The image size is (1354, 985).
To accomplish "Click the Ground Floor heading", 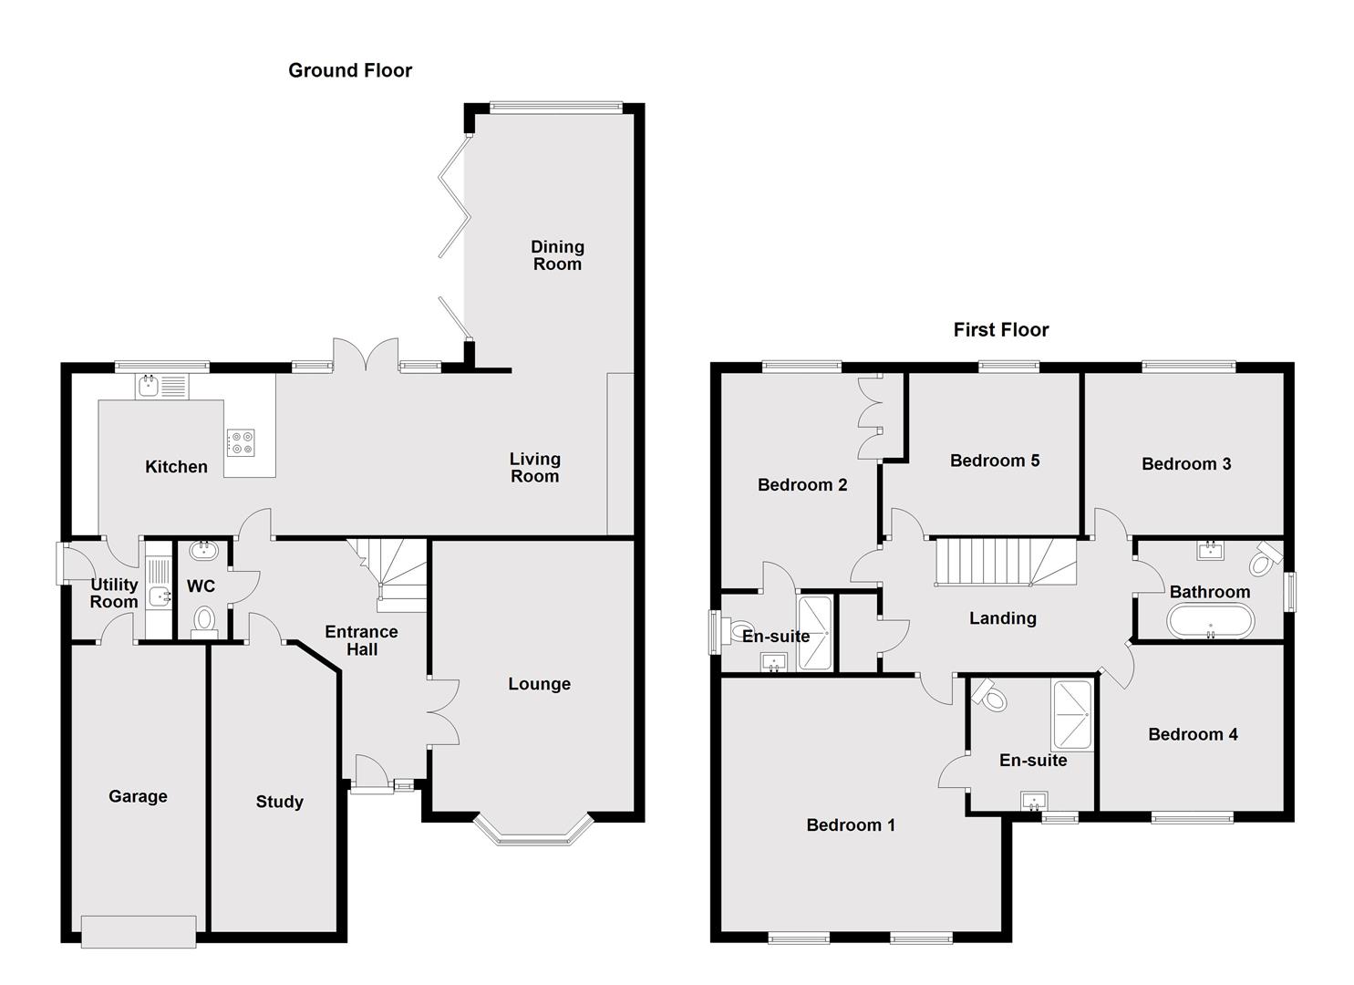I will (350, 70).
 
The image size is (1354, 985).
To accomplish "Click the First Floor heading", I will (1000, 329).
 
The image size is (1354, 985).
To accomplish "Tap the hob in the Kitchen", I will (241, 442).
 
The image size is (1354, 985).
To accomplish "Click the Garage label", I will (138, 796).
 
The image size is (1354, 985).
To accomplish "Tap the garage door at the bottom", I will (139, 931).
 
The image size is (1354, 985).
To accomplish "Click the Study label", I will (279, 802).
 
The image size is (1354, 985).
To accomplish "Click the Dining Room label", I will (557, 255).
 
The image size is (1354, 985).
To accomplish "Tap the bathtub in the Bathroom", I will (1210, 623).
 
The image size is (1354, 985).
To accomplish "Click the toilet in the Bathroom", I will (1263, 560).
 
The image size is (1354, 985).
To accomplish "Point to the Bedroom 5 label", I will (994, 461).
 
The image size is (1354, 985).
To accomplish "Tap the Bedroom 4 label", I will (1193, 734).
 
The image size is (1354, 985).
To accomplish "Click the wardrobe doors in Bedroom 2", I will (870, 416).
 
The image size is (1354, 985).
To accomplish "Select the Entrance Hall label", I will (361, 640).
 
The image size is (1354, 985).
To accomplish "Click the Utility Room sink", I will (160, 596).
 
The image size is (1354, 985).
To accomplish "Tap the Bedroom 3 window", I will (1188, 367).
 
